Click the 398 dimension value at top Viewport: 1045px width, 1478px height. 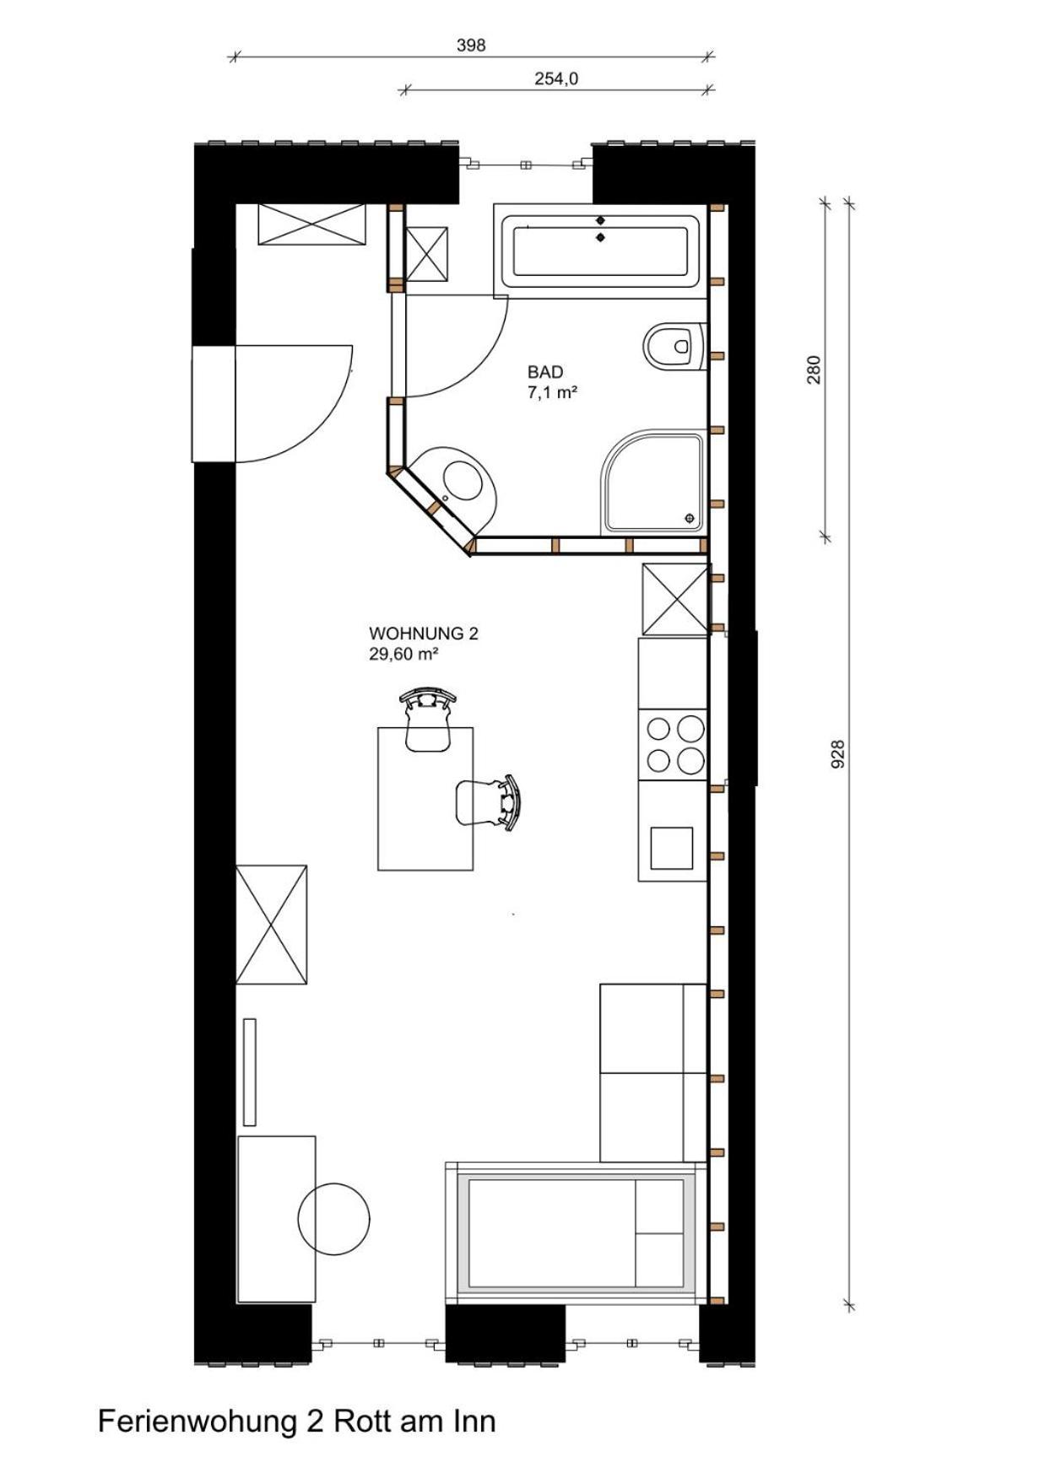pos(471,46)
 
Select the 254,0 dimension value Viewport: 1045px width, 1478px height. pos(556,78)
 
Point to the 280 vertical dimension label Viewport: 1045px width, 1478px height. pos(814,369)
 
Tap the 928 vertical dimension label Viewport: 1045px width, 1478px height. pos(837,754)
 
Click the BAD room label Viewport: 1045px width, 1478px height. pos(545,372)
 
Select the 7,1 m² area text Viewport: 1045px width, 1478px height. pos(552,392)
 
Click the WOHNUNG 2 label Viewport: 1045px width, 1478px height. pos(424,634)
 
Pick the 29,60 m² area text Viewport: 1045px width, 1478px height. pos(403,654)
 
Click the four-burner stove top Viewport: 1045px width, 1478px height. pos(674,745)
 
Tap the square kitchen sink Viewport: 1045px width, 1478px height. pos(672,848)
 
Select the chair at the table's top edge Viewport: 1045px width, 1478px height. pos(429,720)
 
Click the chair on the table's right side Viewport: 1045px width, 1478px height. pos(488,802)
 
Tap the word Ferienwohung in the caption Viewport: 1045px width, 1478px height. pos(198,1421)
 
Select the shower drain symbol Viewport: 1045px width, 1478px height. pos(690,517)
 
